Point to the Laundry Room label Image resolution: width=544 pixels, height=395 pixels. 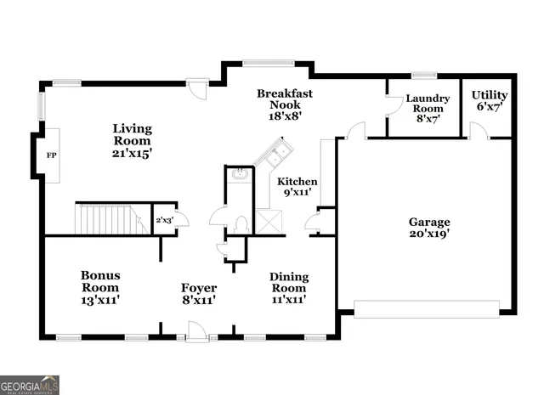[x=427, y=107]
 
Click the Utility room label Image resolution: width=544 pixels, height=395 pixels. [x=490, y=100]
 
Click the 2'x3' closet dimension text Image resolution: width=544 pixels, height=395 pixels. [x=164, y=221]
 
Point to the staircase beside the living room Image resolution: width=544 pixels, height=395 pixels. [x=109, y=218]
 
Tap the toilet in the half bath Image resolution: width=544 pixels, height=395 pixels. [x=241, y=224]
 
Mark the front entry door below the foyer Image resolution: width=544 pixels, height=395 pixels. [x=197, y=335]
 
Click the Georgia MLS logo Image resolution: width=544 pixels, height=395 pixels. [x=30, y=384]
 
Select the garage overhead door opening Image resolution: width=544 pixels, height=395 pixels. [x=425, y=308]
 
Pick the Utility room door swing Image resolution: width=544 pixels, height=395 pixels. [x=479, y=129]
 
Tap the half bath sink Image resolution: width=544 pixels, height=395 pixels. [x=239, y=175]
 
